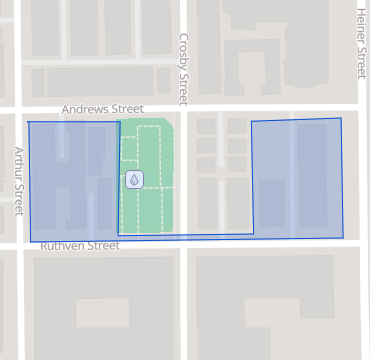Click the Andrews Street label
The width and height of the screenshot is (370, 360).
(x=102, y=109)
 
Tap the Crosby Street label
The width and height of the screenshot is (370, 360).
(x=184, y=67)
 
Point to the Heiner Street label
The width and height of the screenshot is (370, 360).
(x=361, y=42)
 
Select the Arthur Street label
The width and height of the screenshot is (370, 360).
(x=18, y=180)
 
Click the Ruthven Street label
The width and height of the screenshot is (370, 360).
(x=79, y=246)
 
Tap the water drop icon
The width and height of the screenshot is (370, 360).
(x=134, y=179)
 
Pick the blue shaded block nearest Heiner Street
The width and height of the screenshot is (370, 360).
(x=298, y=178)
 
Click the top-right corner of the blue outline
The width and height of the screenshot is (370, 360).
(x=340, y=118)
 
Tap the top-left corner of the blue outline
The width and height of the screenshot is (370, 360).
(x=28, y=122)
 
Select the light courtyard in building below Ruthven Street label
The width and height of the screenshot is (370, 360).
(x=101, y=313)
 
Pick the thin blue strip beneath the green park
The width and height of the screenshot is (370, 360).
(x=185, y=236)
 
